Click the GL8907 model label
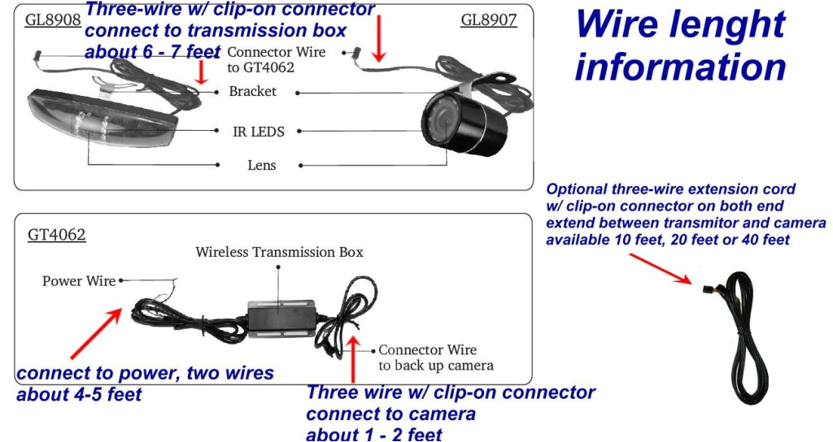488,19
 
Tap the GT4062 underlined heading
57,236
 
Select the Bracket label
252,92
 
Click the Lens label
262,166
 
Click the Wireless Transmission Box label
279,252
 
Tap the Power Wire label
79,281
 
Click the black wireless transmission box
281,317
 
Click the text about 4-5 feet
80,395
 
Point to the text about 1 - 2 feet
374,433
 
